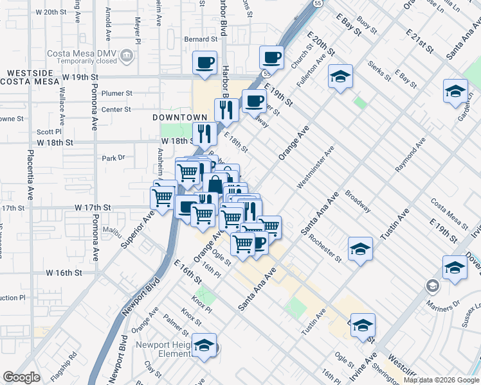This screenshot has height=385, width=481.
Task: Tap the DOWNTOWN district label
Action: click(x=180, y=117)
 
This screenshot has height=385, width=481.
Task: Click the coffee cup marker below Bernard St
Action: click(x=205, y=64)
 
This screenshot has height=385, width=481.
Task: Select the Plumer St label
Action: click(x=116, y=93)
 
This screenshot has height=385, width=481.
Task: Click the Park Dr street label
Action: click(x=113, y=157)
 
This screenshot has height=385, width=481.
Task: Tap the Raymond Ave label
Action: click(x=410, y=154)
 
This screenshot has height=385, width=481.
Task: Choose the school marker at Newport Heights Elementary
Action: click(x=204, y=346)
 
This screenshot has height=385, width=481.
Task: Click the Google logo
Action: click(x=22, y=377)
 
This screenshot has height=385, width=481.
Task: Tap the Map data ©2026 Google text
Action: click(x=442, y=380)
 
